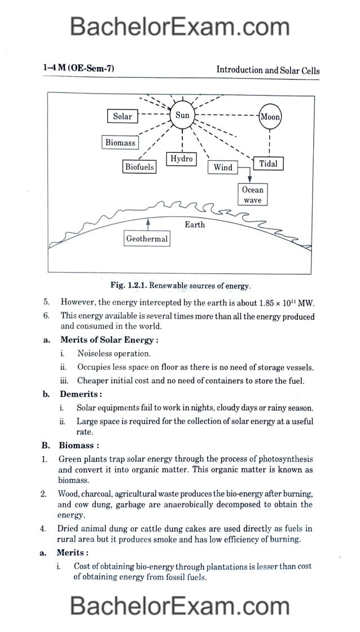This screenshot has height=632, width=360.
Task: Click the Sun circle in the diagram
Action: click(182, 116)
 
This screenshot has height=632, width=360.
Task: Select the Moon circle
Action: click(270, 117)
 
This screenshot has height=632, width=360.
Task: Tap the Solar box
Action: click(122, 117)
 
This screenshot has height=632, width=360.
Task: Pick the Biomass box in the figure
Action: click(120, 143)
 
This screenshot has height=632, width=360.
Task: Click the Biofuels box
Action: click(139, 167)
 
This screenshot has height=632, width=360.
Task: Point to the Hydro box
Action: click(182, 159)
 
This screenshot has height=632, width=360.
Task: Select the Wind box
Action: click(223, 167)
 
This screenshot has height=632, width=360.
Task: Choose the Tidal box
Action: click(268, 164)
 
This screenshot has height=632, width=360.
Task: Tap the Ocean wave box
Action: click(253, 195)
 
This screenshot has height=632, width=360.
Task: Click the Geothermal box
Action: click(147, 239)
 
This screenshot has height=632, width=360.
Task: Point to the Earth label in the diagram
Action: click(195, 225)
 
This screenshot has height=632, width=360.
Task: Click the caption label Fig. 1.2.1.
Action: click(131, 286)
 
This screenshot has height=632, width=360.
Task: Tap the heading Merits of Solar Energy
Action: click(109, 340)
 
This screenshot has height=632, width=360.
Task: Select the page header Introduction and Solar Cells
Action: click(267, 71)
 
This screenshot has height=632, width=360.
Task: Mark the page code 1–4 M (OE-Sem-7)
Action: click(78, 69)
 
